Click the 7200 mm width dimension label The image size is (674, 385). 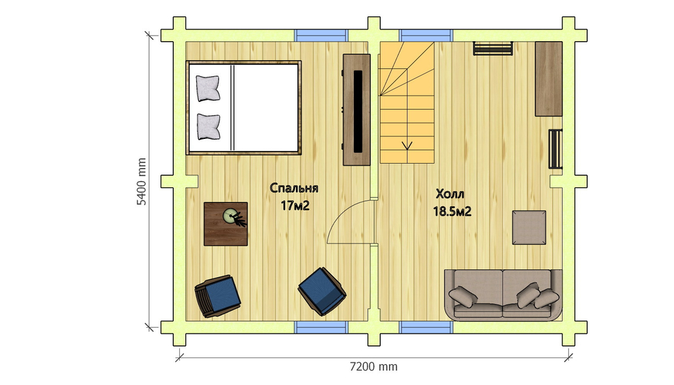click(373, 367)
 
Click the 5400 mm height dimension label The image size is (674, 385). click(142, 181)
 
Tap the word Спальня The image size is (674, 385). click(294, 188)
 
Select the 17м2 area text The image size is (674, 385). click(295, 206)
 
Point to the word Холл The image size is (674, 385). click(450, 194)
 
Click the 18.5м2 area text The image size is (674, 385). click(452, 212)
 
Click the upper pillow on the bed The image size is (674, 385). click(208, 88)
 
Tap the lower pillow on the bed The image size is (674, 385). click(208, 127)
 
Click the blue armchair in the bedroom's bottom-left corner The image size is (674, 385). click(218, 296)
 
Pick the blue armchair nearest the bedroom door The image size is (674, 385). click(322, 291)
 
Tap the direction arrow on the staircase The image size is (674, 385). click(407, 146)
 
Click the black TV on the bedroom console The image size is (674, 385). click(358, 111)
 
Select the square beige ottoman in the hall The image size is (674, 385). click(529, 227)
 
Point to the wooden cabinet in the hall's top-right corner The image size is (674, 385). click(549, 79)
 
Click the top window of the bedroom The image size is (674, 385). click(321, 35)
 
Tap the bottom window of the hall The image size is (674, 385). click(426, 328)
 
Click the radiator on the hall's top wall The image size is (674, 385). click(493, 48)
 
